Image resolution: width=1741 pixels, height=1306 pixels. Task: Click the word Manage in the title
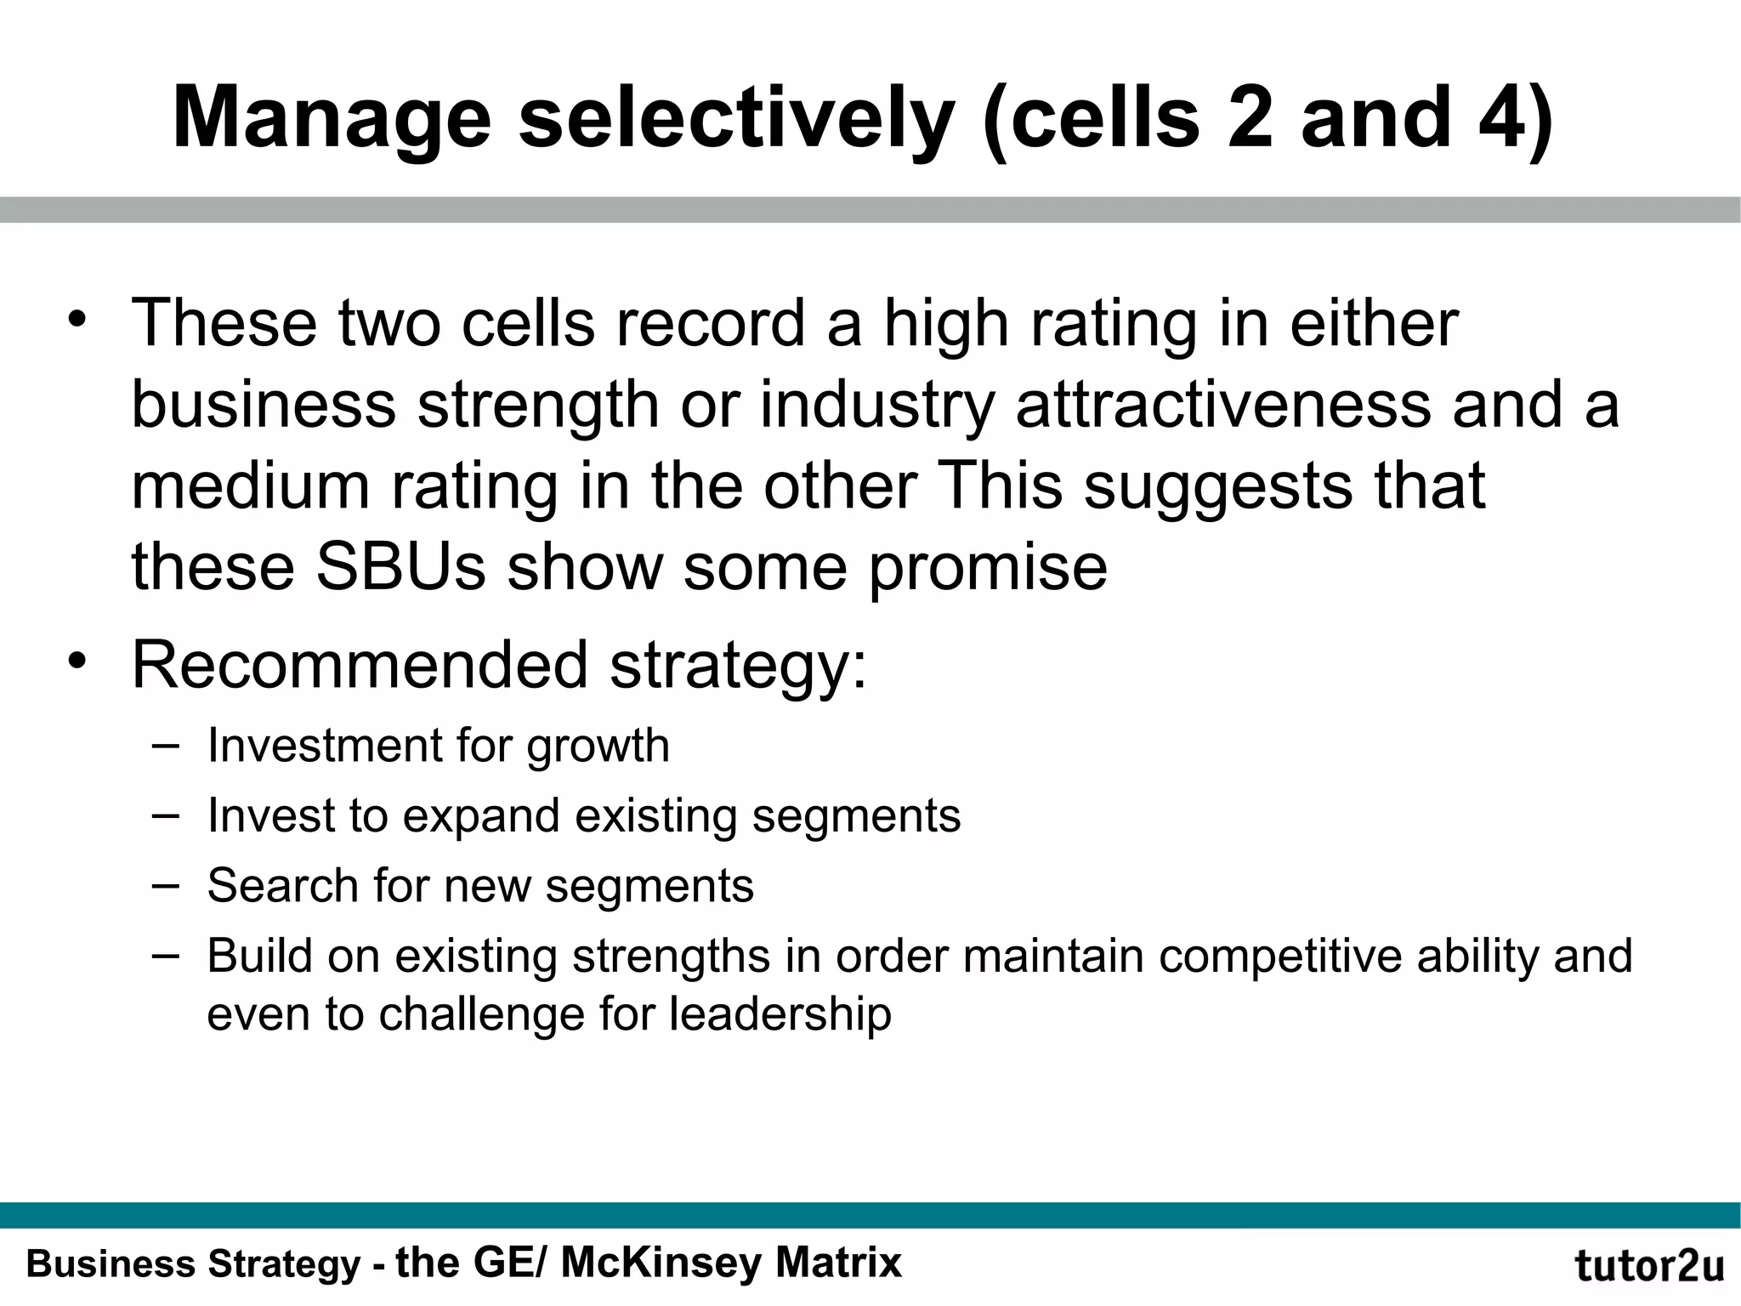332,119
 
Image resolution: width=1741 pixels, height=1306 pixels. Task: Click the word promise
988,568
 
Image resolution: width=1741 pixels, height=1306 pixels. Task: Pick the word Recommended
360,665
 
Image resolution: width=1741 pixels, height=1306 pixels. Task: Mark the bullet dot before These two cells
78,321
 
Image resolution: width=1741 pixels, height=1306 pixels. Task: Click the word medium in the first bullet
250,486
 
